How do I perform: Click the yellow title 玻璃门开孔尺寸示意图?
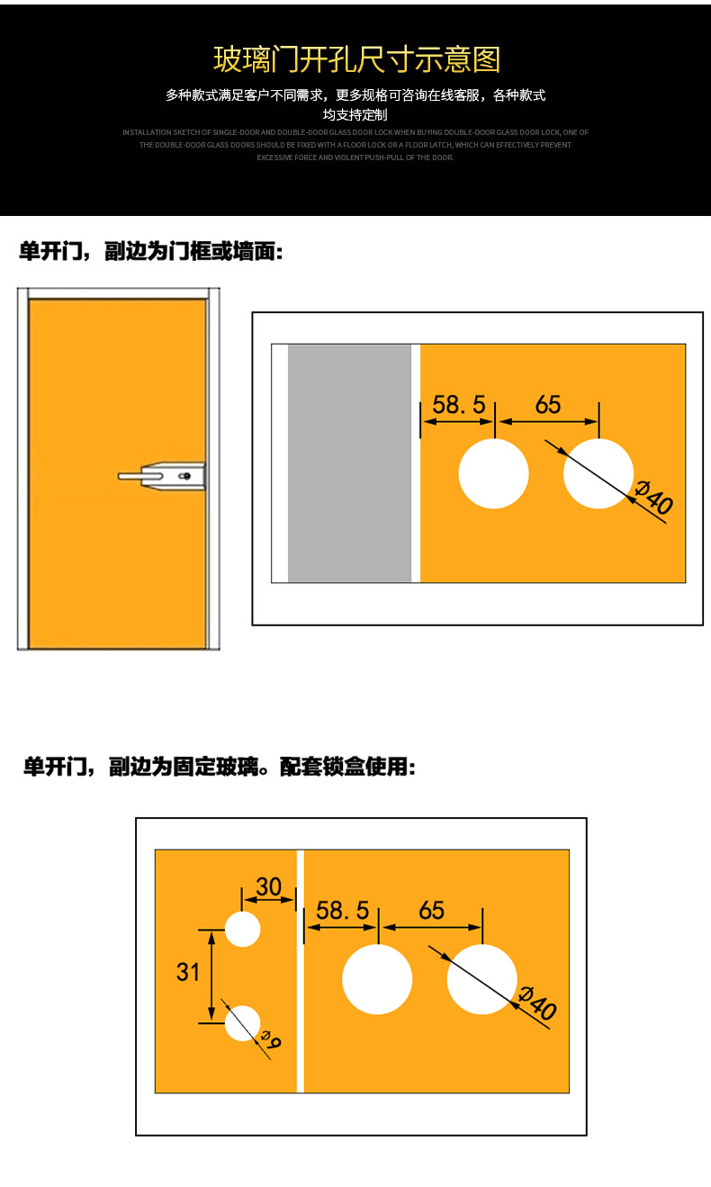tap(355, 59)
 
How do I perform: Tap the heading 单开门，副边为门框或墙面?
tap(151, 252)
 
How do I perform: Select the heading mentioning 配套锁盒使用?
tap(219, 768)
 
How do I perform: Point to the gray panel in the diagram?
tap(349, 463)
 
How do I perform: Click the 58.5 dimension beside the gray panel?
tap(458, 405)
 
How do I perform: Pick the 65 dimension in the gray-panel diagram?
tap(547, 405)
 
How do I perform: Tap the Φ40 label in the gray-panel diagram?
tap(654, 499)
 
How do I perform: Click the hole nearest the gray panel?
tap(493, 473)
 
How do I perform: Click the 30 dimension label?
tap(268, 887)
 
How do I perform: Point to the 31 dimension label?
tap(188, 972)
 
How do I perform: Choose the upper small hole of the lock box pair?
tap(242, 929)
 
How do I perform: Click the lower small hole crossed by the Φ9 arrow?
tap(241, 1023)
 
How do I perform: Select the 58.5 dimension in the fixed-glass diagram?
tap(342, 911)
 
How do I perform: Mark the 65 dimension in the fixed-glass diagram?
tap(431, 911)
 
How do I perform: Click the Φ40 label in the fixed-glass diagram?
tap(538, 1004)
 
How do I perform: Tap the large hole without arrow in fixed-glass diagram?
tap(377, 979)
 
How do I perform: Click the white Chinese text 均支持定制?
tap(355, 115)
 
